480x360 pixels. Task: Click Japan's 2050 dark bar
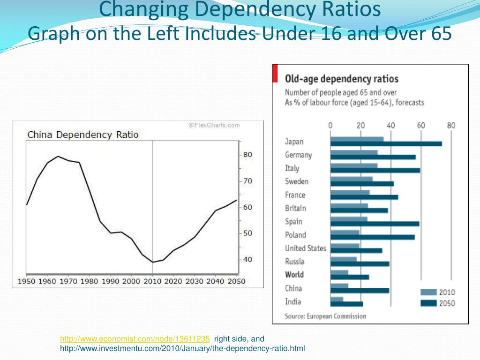click(386, 144)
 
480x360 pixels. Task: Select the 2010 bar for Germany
click(354, 152)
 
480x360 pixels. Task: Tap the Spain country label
click(294, 222)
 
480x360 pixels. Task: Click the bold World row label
click(294, 275)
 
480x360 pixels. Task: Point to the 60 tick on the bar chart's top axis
click(421, 126)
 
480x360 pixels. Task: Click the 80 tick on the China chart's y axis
click(247, 155)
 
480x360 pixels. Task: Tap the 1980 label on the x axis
click(89, 281)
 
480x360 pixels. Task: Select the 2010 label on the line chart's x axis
click(152, 281)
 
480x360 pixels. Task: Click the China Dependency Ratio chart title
click(83, 135)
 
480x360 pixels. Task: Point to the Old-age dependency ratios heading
click(342, 79)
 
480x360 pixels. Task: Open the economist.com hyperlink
click(135, 338)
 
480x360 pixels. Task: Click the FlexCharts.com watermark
click(214, 125)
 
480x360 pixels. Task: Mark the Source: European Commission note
click(325, 316)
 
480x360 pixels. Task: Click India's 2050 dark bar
click(346, 304)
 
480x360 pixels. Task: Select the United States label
click(306, 248)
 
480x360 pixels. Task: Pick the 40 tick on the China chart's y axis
click(247, 260)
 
